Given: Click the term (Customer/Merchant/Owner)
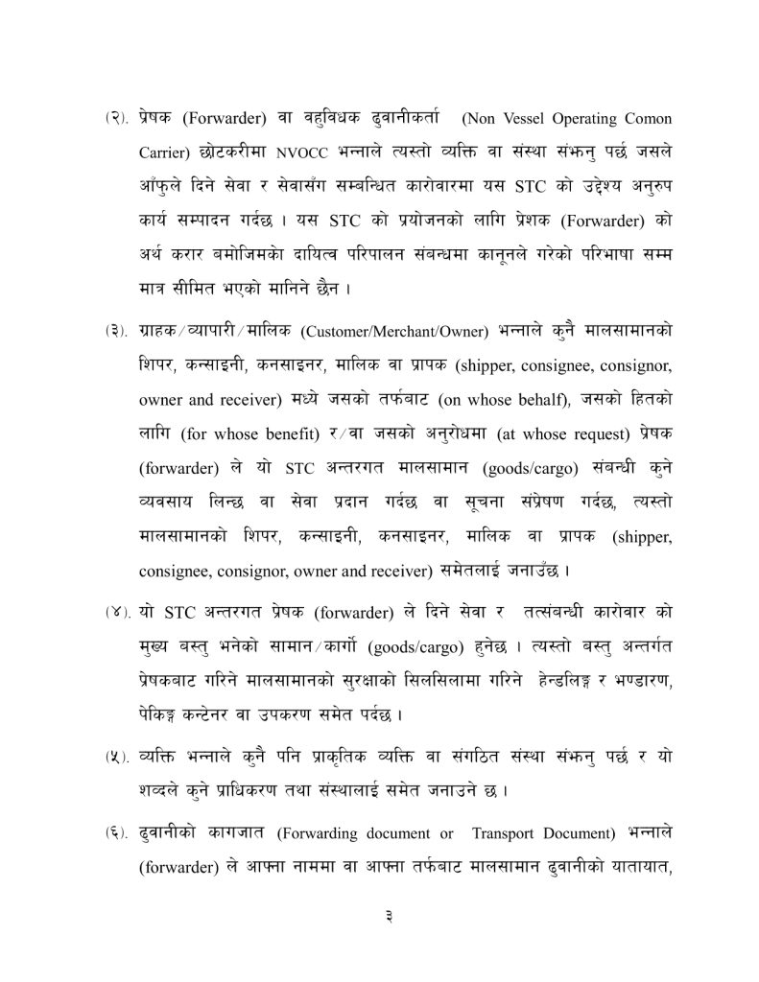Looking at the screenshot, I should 393,333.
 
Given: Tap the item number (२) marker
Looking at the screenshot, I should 117,120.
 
